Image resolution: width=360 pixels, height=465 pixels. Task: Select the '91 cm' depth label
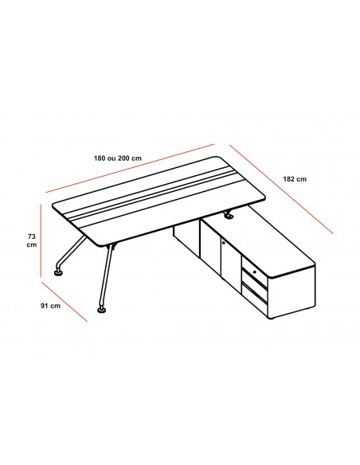[x=51, y=306]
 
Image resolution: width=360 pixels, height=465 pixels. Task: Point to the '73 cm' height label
[x=31, y=240]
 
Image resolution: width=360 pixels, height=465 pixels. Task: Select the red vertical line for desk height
[x=40, y=241]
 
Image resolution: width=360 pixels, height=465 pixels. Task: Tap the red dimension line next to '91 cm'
[x=65, y=299]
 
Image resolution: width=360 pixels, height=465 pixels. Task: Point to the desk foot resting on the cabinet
[x=231, y=215]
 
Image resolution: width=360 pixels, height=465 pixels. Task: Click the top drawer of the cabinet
[x=255, y=275]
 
